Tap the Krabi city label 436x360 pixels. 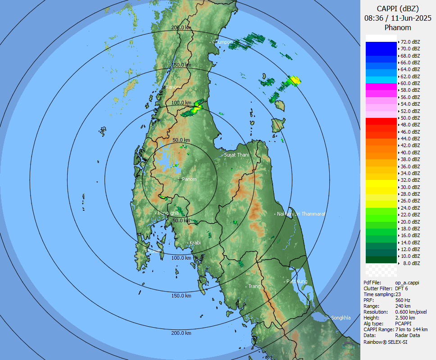click(195, 243)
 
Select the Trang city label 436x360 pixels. click(254, 286)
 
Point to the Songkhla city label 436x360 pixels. click(341, 318)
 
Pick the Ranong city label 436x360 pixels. click(173, 87)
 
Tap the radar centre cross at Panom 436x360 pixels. click(180, 179)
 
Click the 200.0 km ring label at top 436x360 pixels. click(181, 27)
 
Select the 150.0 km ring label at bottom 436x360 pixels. click(181, 296)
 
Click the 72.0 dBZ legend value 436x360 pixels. click(410, 42)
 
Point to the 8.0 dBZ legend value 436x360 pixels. click(411, 263)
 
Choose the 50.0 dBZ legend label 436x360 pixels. click(410, 118)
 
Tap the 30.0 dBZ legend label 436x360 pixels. click(410, 187)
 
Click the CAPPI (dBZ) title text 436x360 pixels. click(398, 9)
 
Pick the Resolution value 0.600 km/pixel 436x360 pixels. click(411, 312)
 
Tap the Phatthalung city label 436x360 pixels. click(297, 281)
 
